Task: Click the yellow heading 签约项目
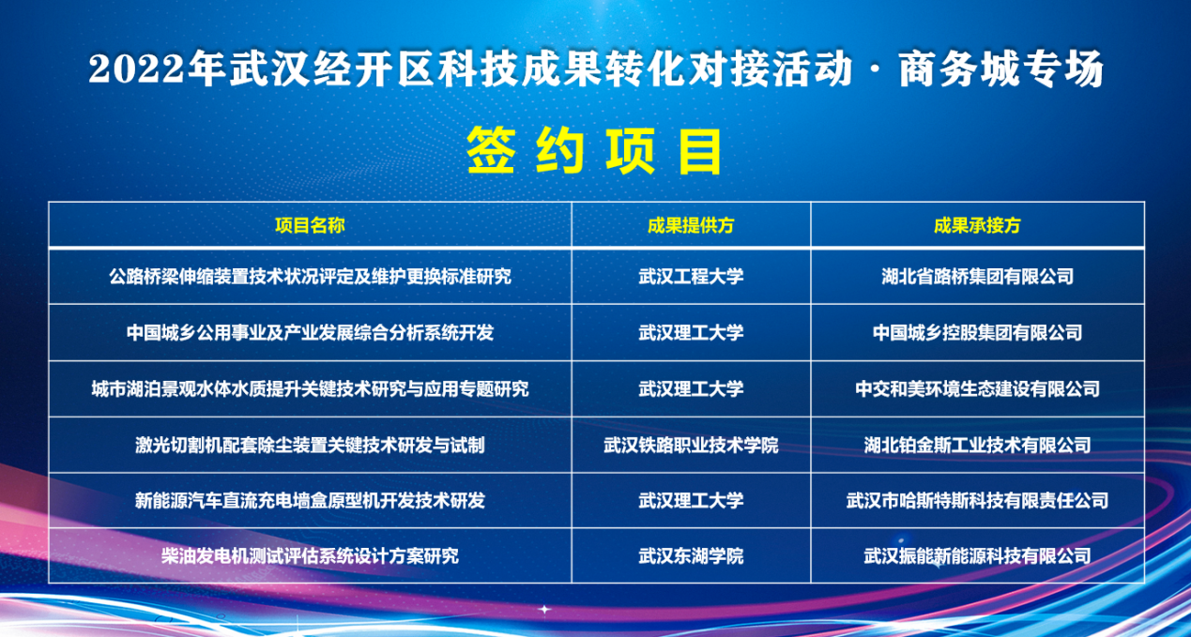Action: click(x=594, y=152)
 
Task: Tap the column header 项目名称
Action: click(x=310, y=225)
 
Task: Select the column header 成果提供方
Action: click(x=691, y=225)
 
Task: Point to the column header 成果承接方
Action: click(x=977, y=225)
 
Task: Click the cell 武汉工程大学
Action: click(x=691, y=276)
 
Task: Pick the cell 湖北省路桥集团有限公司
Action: click(x=977, y=276)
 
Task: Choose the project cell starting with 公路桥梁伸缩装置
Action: click(x=310, y=276)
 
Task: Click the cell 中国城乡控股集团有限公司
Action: click(x=977, y=333)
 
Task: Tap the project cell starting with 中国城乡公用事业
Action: click(x=310, y=333)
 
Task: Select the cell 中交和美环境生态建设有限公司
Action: click(x=977, y=389)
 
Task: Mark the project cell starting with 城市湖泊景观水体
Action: click(x=310, y=389)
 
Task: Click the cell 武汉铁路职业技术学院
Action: click(x=691, y=446)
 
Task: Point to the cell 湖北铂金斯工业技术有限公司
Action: click(x=977, y=446)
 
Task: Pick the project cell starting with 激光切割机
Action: click(x=310, y=446)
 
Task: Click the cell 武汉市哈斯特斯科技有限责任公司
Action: click(x=977, y=500)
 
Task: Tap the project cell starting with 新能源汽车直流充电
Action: click(x=310, y=500)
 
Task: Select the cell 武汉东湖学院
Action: click(x=691, y=556)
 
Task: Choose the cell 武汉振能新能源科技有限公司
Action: click(x=977, y=556)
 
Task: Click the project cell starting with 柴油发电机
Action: click(x=310, y=556)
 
